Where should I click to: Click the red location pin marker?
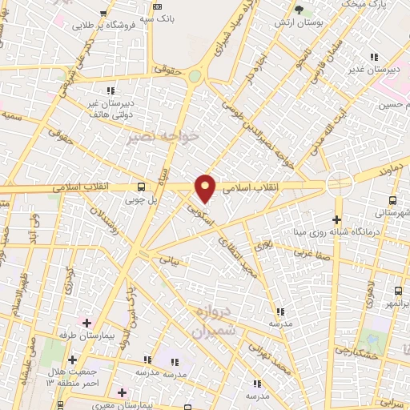[x=207, y=188]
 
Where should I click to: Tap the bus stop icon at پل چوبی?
[x=142, y=189]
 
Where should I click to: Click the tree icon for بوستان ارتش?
[x=299, y=10]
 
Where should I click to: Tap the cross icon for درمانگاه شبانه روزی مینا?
[x=337, y=219]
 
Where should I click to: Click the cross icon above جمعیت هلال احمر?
[x=73, y=360]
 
